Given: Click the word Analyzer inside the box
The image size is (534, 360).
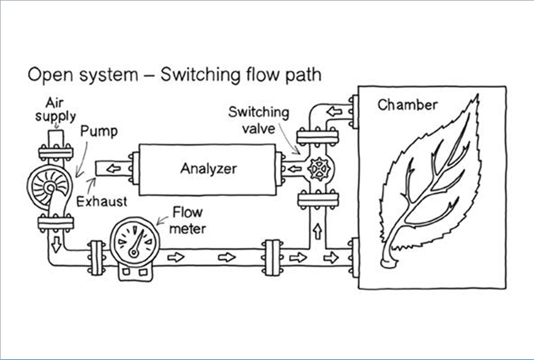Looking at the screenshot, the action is pos(209,169).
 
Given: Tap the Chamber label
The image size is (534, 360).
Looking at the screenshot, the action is pos(408,105).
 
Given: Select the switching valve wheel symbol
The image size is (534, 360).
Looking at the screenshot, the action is pos(319,169).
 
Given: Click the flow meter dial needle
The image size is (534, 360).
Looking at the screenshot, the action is pos(137,243).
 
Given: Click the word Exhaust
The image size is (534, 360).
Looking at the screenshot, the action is pos(102,201).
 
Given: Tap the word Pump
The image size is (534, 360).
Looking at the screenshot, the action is pos(99,131).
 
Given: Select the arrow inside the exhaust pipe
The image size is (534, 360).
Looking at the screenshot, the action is pos(114,168).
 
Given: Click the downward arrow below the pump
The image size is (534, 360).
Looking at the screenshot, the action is pos(56,244).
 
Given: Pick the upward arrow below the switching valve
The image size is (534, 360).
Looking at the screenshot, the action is pos(317,231).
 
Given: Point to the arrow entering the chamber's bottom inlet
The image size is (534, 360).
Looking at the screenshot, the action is pos(331,258).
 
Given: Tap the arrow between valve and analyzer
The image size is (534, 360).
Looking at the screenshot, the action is pos(295,169).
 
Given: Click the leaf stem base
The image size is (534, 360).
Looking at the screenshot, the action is pos(389,263).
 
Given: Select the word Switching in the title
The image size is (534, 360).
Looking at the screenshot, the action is pos(200,75).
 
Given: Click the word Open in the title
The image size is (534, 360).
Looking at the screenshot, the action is pos(49,75).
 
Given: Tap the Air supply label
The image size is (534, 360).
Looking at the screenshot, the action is pos(55,110).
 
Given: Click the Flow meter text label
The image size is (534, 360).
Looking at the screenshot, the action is pos(187,220).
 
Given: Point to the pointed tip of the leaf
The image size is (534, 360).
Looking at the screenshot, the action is pos(477,96).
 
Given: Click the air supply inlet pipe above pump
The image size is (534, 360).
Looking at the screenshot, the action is pos(56,139).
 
